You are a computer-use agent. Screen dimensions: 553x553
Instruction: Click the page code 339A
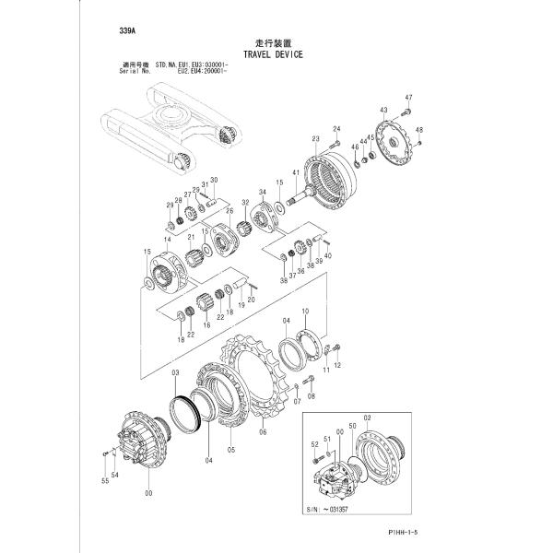click(x=127, y=31)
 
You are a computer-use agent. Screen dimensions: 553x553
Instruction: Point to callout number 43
click(x=383, y=111)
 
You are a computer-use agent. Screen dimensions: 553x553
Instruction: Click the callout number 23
click(x=315, y=139)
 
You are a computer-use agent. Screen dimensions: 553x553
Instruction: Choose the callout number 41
click(x=296, y=173)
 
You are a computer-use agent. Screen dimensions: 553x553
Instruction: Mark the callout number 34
click(x=262, y=192)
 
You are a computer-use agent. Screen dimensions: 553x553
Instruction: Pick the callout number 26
click(x=229, y=211)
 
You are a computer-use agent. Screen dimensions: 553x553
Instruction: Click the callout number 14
click(x=167, y=239)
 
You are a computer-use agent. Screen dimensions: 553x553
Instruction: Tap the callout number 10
click(x=305, y=312)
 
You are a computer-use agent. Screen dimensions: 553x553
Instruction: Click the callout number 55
click(x=104, y=481)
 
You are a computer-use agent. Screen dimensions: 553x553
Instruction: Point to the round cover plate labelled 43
click(x=398, y=141)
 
